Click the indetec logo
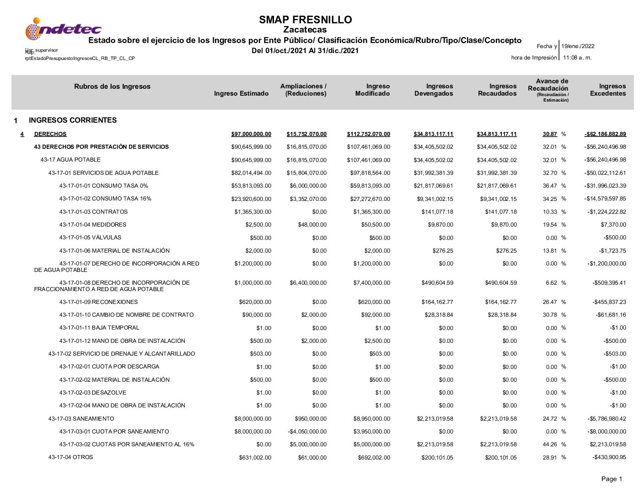tap(63, 29)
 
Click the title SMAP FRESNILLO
tap(305, 20)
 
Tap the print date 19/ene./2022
tap(578, 46)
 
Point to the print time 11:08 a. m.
tap(577, 58)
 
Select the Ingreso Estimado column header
tap(241, 94)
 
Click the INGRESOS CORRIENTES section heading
tap(73, 120)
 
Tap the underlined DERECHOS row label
tap(50, 134)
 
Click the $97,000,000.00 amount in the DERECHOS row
tap(251, 134)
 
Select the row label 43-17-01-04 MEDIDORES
tap(92, 225)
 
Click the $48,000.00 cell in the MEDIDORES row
tap(312, 225)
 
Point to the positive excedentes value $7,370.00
tap(613, 225)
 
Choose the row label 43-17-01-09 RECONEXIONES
tap(98, 302)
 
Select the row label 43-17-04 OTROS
tap(70, 457)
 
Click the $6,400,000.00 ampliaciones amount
tap(308, 283)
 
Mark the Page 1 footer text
tap(612, 479)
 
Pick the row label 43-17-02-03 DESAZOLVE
tap(92, 393)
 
